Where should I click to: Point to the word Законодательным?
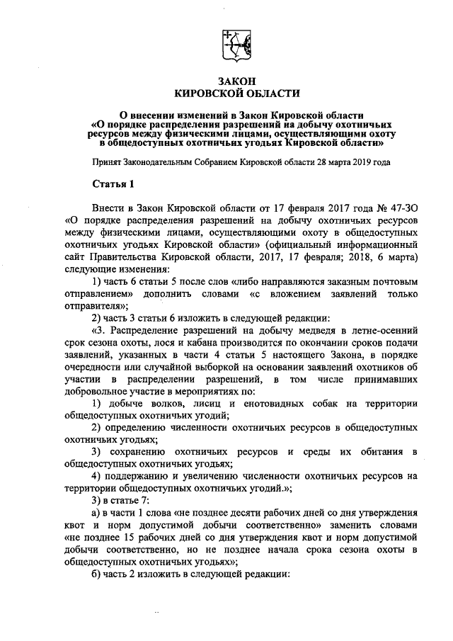pos(167,161)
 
